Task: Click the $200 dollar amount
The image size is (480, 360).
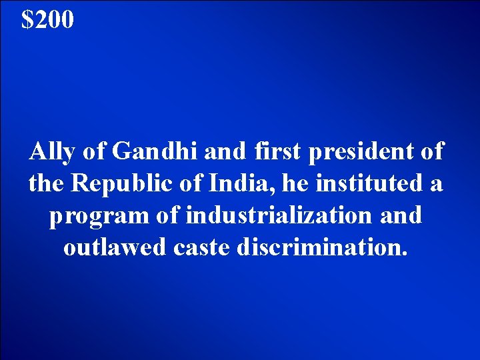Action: [x=47, y=21]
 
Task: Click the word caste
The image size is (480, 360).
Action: [x=195, y=248]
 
